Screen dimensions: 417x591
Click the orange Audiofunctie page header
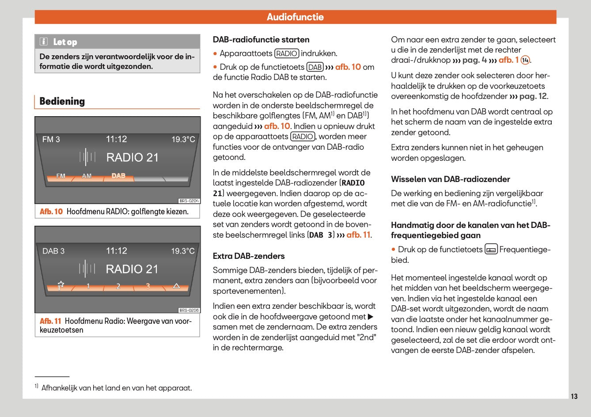coord(295,17)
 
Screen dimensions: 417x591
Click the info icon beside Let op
coord(44,42)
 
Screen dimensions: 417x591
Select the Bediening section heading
coord(62,101)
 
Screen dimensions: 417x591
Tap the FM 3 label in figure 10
coord(51,140)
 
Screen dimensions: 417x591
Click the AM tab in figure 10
coord(87,176)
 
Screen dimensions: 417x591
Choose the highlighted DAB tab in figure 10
coord(118,176)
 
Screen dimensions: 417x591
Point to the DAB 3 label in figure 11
coord(53,251)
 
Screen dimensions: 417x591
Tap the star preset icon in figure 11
coord(61,285)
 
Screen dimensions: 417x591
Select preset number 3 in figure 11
coord(148,286)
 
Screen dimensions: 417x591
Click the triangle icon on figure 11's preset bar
coord(176,286)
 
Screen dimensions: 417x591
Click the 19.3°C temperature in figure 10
coord(183,140)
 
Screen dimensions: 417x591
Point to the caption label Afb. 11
coord(50,321)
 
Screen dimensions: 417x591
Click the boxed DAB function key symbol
coord(315,67)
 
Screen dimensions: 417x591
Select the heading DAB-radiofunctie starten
coord(261,40)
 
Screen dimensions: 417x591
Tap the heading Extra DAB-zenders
coord(249,256)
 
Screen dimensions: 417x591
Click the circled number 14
coord(525,60)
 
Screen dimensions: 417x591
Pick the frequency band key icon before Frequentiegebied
coord(491,250)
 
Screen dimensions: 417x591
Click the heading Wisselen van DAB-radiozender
coord(450,179)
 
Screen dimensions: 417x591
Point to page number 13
coord(574,396)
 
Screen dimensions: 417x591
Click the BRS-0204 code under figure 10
coord(189,201)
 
